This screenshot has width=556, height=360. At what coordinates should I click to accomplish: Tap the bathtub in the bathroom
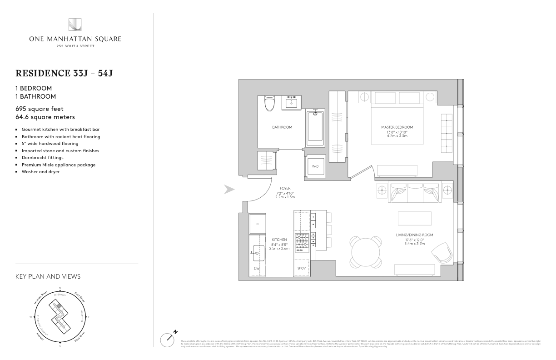315,127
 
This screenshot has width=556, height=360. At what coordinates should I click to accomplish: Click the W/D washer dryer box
314,165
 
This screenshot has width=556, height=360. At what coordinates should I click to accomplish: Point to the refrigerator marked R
258,224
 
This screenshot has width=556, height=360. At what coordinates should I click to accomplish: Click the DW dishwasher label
257,269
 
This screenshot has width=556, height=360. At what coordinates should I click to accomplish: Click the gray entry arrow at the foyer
230,190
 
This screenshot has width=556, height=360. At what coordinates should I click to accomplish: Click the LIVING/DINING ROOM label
414,235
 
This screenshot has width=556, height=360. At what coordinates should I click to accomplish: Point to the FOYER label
285,188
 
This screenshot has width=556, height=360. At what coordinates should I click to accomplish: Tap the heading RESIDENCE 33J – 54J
64,73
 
